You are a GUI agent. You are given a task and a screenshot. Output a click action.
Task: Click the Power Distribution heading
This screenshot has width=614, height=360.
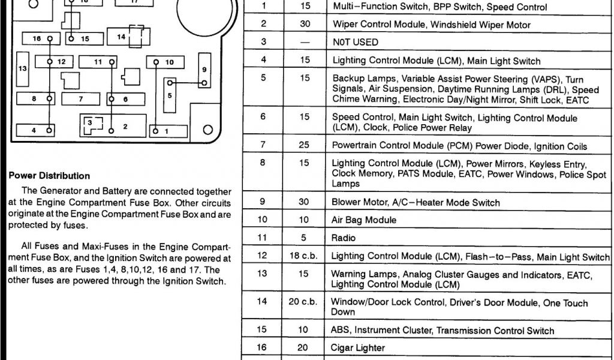[50, 176]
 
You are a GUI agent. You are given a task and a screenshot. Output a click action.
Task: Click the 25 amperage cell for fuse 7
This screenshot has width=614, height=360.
[305, 145]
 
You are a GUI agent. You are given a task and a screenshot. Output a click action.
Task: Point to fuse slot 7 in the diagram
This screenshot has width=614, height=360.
[80, 99]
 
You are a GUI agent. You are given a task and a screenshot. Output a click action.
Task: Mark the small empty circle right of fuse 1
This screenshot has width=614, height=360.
[208, 130]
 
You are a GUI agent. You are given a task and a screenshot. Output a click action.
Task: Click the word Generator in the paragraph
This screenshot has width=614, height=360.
[66, 192]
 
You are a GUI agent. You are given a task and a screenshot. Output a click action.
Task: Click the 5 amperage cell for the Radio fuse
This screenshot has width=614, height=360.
[305, 238]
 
